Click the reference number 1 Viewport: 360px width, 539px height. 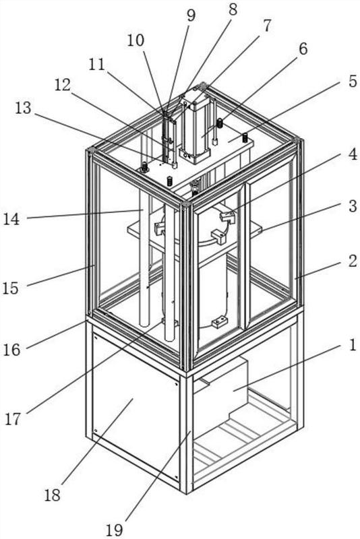coord(353,345)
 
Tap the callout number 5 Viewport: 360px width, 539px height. coord(352,82)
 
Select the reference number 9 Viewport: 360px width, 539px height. coord(191,15)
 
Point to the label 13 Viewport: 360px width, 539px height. coord(23,108)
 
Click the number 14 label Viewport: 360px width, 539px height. coord(11,218)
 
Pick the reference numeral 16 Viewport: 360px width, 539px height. coord(12,350)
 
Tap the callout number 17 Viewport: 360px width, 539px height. coord(13,418)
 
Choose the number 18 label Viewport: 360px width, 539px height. coord(53,495)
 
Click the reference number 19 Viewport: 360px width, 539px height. coord(114,530)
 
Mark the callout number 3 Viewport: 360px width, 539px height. coord(353,206)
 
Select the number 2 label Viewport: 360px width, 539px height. coord(353,261)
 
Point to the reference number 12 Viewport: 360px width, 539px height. coord(63,86)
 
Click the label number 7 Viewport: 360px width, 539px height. coord(267,26)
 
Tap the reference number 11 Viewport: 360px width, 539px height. coord(96,64)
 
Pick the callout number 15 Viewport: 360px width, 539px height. coord(10,288)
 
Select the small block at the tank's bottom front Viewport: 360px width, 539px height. coord(219,322)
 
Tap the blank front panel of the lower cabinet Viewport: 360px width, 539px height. coord(136,408)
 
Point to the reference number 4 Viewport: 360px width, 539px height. coord(353,155)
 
